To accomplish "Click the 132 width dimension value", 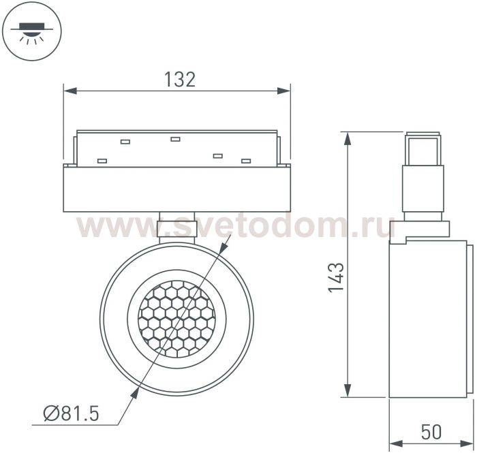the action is coord(180,79).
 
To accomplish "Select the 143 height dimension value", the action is coord(336,277).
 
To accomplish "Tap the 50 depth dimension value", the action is coord(431,432).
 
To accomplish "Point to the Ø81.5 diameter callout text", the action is coord(72,413).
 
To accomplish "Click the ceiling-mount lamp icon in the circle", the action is coord(31,31).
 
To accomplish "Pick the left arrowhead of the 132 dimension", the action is coord(70,91).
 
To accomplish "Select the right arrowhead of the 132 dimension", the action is coord(284,91).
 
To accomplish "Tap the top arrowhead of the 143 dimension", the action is coord(348,138).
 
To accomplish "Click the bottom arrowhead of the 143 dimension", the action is coord(348,390).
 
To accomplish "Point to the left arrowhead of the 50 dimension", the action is coord(396,443).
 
